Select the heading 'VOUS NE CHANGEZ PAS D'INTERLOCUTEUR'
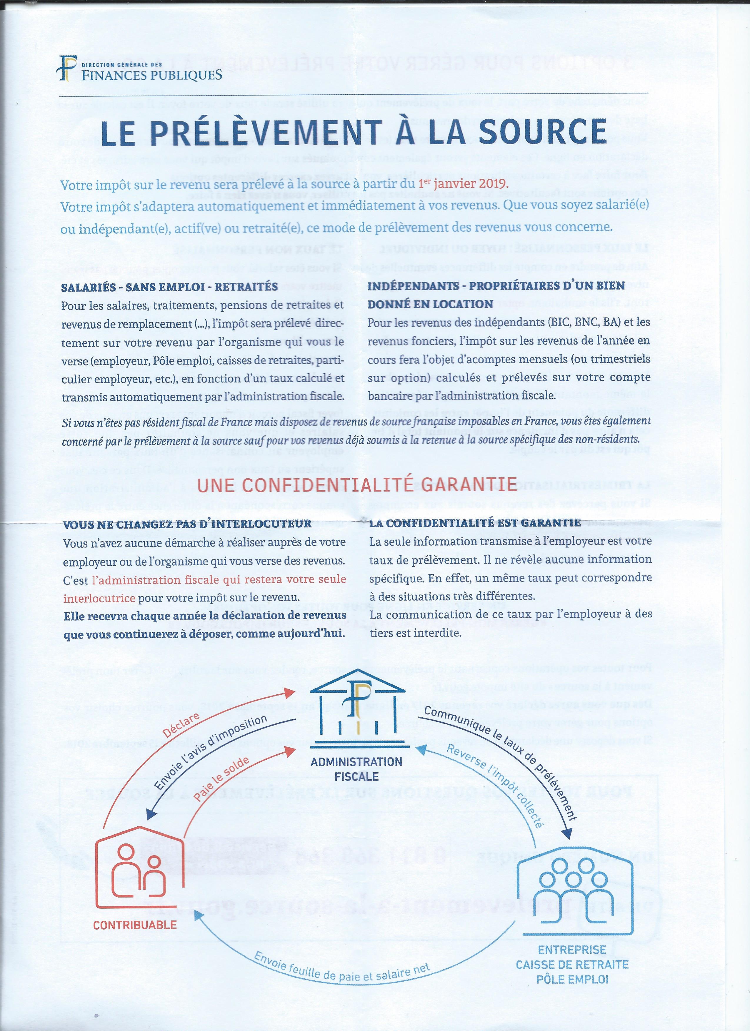coord(187,524)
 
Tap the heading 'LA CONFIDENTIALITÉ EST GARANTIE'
coord(475,523)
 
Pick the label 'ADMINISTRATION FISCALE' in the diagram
coord(356,769)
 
